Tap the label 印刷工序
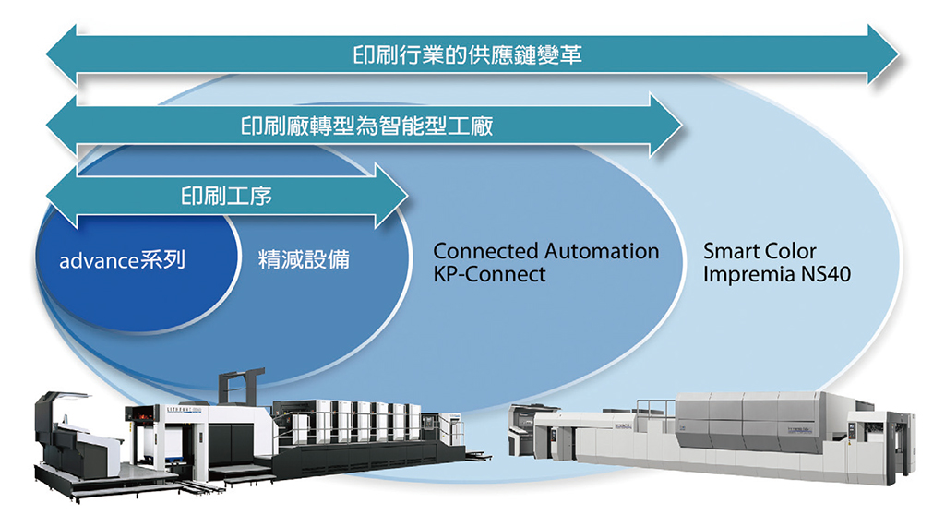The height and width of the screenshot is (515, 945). (226, 195)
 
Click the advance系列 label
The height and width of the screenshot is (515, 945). (123, 259)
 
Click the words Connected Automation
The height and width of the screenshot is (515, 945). (546, 251)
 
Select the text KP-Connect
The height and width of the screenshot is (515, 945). (489, 274)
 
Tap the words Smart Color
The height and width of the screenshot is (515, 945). (760, 251)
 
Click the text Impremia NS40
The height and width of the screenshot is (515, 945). (776, 274)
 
